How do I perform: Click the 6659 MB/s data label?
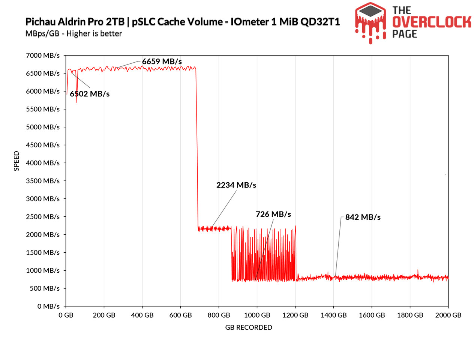(162, 61)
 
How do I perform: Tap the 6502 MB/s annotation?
(90, 94)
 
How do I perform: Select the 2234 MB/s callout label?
(236, 185)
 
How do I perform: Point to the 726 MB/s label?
(273, 214)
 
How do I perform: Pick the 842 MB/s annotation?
(363, 217)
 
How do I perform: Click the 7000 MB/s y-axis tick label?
(43, 55)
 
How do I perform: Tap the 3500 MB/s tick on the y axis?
(43, 181)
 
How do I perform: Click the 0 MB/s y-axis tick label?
(48, 306)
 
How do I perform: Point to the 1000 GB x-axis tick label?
(257, 315)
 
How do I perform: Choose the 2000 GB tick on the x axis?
(448, 315)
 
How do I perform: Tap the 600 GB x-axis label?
(180, 315)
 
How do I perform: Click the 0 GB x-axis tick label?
(66, 315)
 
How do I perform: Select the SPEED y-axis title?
(16, 161)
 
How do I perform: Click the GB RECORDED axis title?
(249, 328)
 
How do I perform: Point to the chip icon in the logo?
(370, 11)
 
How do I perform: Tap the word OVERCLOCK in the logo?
(432, 22)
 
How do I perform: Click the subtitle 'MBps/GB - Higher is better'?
(74, 34)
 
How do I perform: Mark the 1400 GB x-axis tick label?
(333, 315)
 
